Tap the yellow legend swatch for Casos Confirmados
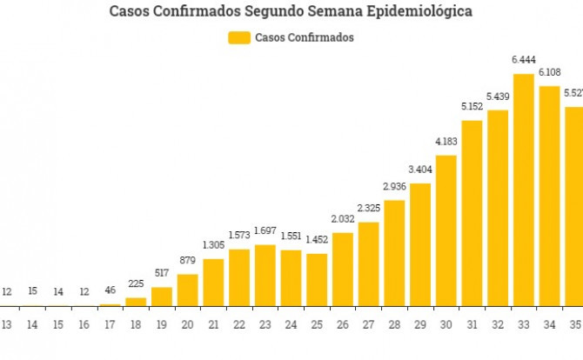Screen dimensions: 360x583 pos(238,37)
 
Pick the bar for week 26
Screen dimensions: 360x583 pos(343,269)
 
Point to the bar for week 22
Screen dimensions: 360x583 pos(239,277)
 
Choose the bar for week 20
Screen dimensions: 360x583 pos(187,290)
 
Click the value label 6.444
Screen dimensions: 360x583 pos(524,59)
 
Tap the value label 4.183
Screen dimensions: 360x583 pos(446,141)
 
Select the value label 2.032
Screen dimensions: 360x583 pos(343,218)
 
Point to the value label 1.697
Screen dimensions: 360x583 pos(265,230)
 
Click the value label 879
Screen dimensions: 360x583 pos(187,260)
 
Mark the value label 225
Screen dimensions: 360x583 pos(136,283)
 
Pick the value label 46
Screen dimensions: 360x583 pos(110,290)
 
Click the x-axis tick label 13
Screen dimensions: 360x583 pos(6,324)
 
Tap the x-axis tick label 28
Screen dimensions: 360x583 pos(394,324)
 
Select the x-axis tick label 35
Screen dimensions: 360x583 pos(575,324)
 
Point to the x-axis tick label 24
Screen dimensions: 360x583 pos(291,324)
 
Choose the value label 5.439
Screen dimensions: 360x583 pos(498,96)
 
